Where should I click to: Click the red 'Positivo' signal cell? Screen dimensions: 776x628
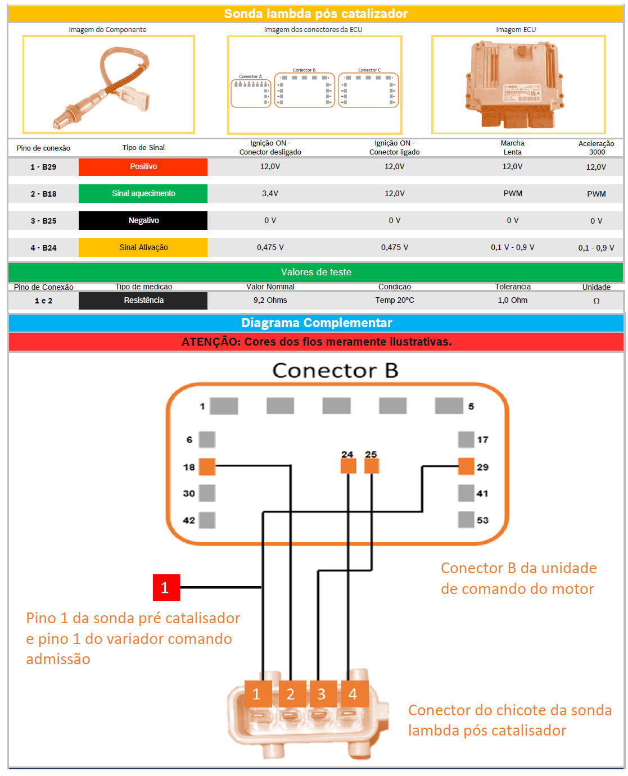point(143,167)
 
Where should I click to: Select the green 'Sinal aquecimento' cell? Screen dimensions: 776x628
point(143,193)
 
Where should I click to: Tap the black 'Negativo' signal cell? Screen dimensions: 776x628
point(143,220)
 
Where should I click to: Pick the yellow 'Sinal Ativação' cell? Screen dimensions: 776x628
point(143,247)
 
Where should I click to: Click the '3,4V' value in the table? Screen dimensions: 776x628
point(270,193)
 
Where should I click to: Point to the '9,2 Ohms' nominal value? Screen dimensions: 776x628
point(270,300)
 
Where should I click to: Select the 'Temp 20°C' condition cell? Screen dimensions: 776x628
point(395,300)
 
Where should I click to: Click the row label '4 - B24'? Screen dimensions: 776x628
point(43,248)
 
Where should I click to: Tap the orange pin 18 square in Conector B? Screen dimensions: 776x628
point(207,466)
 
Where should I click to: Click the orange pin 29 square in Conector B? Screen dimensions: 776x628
point(466,466)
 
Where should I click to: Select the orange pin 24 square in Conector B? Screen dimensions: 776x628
point(348,466)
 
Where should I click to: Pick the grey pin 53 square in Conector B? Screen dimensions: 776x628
point(466,520)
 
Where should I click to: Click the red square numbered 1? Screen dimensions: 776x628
point(166,588)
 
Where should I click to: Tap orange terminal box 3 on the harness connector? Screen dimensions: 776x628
point(322,694)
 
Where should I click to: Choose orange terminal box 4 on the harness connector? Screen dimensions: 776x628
point(353,694)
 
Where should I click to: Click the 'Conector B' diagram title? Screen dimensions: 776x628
point(335,371)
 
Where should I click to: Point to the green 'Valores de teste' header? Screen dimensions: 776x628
point(316,272)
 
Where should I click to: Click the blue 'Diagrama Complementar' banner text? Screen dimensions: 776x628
point(316,323)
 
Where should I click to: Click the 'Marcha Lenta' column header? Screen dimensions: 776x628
point(512,148)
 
